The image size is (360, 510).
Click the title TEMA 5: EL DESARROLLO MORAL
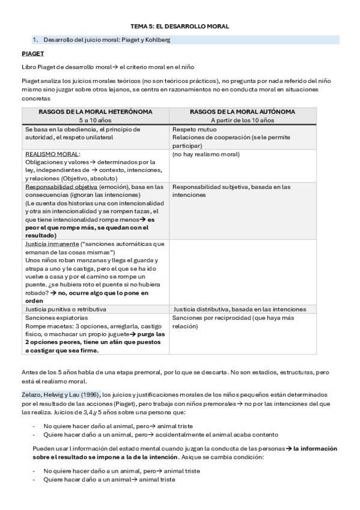pos(180,26)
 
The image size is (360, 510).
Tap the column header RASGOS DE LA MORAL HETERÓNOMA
pos(95,112)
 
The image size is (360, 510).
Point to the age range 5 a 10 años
pos(95,120)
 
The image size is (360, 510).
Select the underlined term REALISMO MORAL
pos(52,154)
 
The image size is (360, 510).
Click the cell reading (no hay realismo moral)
pos(206,154)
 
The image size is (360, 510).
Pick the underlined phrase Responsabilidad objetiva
pos(59,187)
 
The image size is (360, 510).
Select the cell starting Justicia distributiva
pos(240,309)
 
